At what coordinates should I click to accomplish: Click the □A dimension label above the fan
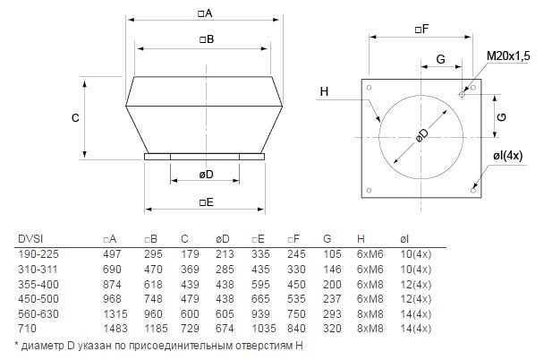pyautogui.click(x=205, y=13)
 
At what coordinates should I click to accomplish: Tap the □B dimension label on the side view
pyautogui.click(x=207, y=39)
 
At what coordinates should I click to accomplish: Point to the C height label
pyautogui.click(x=75, y=118)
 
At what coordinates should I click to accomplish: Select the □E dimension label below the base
pyautogui.click(x=207, y=202)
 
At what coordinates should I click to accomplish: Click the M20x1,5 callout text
pyautogui.click(x=508, y=56)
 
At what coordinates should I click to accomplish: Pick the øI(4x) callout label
pyautogui.click(x=507, y=156)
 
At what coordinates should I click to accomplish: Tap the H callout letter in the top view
pyautogui.click(x=324, y=91)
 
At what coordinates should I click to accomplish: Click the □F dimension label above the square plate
pyautogui.click(x=422, y=29)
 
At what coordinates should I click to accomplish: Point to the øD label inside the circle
pyautogui.click(x=422, y=135)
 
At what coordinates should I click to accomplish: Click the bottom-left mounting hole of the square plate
pyautogui.click(x=369, y=190)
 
